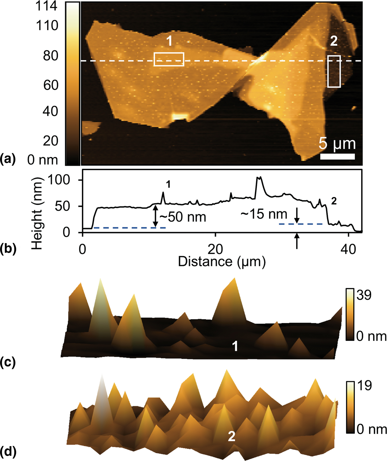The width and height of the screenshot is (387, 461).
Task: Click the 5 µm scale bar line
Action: click(338, 157)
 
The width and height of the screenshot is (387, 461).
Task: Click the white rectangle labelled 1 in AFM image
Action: click(169, 59)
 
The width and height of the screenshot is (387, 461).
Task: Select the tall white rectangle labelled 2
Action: click(334, 71)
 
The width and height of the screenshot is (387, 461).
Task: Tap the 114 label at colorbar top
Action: click(46, 6)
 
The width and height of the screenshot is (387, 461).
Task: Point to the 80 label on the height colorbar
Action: click(50, 56)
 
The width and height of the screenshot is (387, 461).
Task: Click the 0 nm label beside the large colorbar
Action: click(43, 160)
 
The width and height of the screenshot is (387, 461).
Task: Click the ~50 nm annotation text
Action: click(183, 217)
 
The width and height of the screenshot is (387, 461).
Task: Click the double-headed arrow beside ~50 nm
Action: click(156, 217)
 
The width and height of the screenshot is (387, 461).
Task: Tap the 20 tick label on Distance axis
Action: click(215, 250)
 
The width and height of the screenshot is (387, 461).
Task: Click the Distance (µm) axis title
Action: click(222, 261)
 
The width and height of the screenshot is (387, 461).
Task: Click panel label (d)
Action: click(8, 452)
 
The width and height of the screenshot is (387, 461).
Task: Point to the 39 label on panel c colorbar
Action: click(364, 295)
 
